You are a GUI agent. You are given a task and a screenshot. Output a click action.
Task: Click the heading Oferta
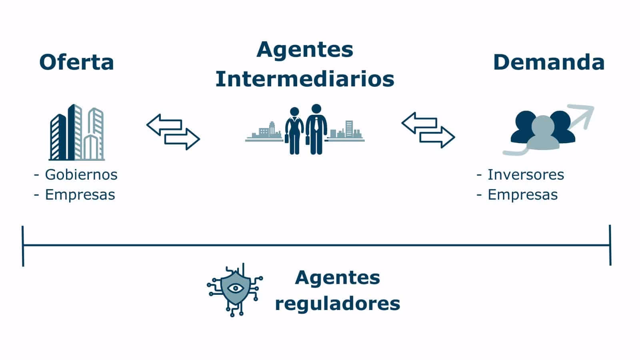[x=76, y=62]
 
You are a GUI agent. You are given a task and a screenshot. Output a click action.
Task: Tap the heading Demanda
[x=548, y=62]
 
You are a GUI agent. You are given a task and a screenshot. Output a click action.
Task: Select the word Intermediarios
[x=305, y=79]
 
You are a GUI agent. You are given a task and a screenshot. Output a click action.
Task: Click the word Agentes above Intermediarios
[x=305, y=50]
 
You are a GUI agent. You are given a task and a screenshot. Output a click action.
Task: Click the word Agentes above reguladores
[x=337, y=277]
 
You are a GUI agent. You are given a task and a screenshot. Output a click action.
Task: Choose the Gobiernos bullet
[x=81, y=174]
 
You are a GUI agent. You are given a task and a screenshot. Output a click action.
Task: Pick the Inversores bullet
[x=525, y=174]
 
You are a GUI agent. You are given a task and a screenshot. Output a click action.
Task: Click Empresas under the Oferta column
[x=80, y=195]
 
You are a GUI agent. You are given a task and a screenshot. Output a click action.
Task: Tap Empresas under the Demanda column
[x=522, y=195]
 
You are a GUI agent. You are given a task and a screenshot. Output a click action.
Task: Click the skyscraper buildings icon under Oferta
[x=76, y=132]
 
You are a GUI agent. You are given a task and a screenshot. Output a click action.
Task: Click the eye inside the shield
[x=235, y=288]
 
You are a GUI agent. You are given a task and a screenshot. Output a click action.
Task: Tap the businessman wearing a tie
[x=316, y=129]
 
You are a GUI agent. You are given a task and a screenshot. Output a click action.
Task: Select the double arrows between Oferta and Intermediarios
[x=173, y=132]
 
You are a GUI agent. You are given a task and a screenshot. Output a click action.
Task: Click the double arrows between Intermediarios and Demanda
[x=428, y=130]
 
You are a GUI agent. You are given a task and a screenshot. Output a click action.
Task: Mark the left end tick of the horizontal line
[x=23, y=246]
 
